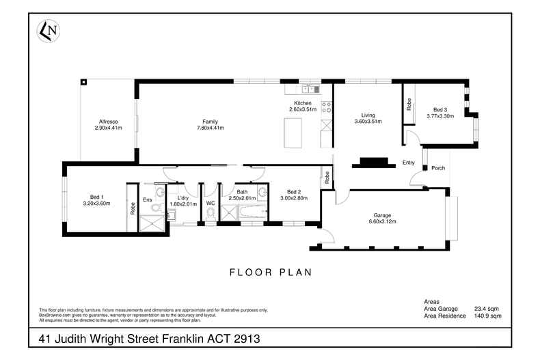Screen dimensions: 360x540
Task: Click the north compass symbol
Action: tap(48, 30)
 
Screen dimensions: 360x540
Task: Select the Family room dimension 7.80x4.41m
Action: tap(211, 128)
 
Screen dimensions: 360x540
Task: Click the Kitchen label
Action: tap(302, 103)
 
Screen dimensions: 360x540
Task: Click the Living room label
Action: tap(368, 115)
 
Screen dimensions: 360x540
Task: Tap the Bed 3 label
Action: tap(440, 110)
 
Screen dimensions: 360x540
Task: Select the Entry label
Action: tap(409, 163)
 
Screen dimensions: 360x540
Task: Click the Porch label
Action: tap(438, 168)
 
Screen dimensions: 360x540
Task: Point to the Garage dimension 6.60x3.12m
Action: tap(383, 221)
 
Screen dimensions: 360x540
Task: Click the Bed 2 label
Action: tap(293, 191)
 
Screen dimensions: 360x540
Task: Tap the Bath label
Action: tap(242, 191)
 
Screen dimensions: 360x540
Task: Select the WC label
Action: tap(211, 202)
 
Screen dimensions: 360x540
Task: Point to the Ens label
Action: tap(147, 199)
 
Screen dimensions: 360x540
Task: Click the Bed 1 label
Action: tap(96, 197)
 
